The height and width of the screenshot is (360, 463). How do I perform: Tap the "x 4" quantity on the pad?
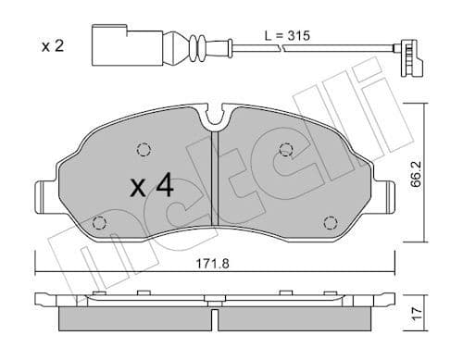pyautogui.click(x=152, y=186)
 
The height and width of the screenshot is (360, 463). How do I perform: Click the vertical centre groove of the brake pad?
pyautogui.click(x=214, y=185)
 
